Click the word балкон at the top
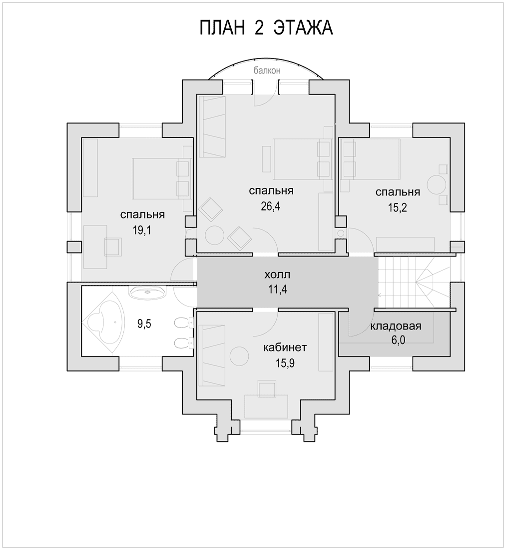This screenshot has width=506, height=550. [267, 70]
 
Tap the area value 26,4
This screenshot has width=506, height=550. [271, 206]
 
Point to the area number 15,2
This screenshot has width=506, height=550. [397, 207]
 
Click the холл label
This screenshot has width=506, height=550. [277, 274]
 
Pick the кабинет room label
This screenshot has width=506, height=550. [285, 347]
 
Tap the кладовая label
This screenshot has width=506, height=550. [396, 326]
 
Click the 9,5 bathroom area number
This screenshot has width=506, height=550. [144, 324]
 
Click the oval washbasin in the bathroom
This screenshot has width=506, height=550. [147, 292]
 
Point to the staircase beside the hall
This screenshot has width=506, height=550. [414, 282]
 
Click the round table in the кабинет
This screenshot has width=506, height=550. [240, 355]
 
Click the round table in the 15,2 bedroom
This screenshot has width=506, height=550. [436, 184]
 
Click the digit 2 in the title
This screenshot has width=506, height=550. [259, 28]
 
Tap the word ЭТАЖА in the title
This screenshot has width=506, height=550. [303, 28]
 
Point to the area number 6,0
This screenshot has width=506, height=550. [398, 340]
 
